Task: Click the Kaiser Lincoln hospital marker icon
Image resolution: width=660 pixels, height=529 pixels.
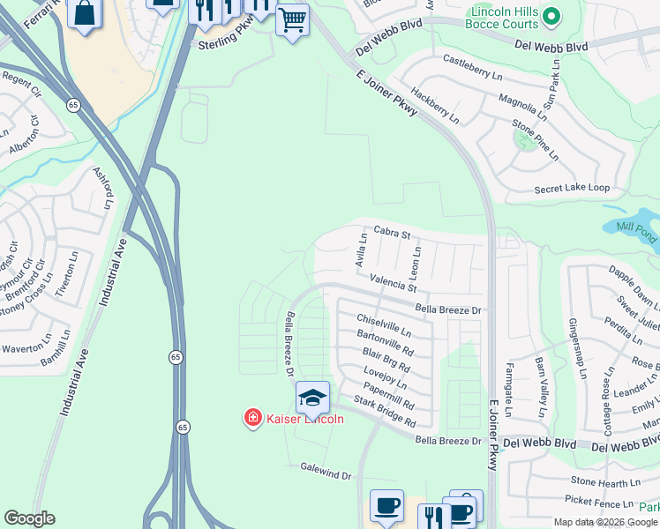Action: click(253, 418)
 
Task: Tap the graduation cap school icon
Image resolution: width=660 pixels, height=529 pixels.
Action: click(312, 398)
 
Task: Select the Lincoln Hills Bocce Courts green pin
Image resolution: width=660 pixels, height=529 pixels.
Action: click(551, 16)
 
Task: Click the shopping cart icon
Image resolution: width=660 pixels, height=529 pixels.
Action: click(292, 18)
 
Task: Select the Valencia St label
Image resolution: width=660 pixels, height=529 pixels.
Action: click(393, 284)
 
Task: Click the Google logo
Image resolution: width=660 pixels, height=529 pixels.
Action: click(30, 518)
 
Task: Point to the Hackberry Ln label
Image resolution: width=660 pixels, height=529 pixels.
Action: click(435, 104)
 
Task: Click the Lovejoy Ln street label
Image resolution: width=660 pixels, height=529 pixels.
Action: click(384, 377)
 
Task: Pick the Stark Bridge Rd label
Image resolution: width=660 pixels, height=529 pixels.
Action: click(384, 413)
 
